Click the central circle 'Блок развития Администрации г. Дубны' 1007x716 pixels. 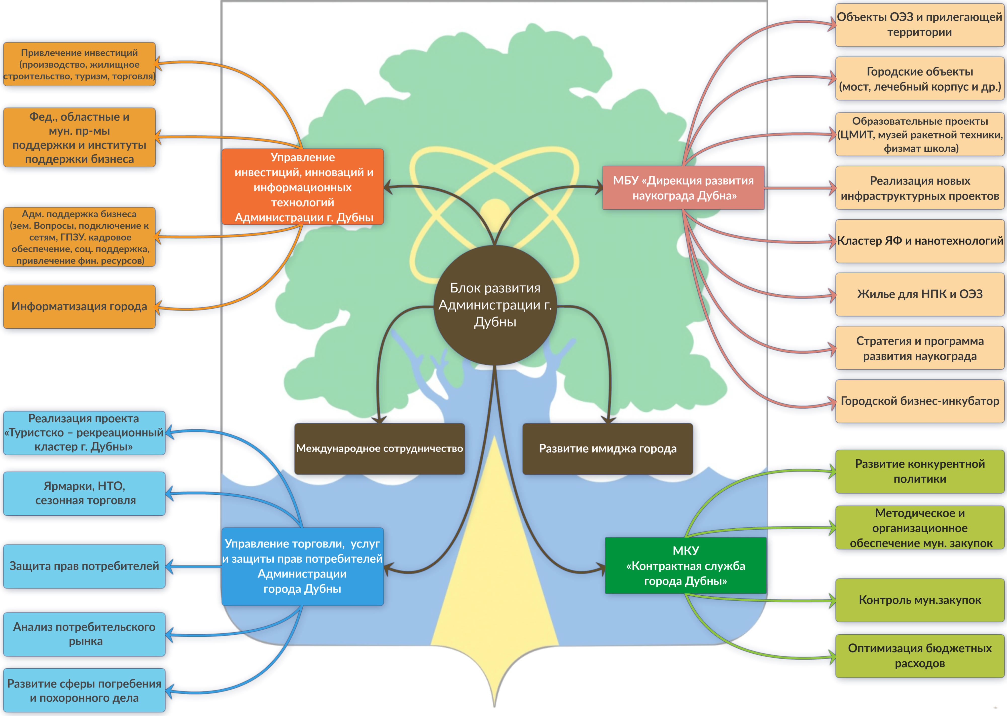pyautogui.click(x=495, y=305)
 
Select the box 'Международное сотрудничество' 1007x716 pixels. pyautogui.click(x=379, y=448)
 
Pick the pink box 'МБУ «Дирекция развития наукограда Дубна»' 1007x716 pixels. pyautogui.click(x=683, y=188)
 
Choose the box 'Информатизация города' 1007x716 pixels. pyautogui.click(x=79, y=306)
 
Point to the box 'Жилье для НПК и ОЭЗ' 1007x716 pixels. pyautogui.click(x=920, y=294)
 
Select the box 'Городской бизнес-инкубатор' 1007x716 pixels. pyautogui.click(x=920, y=401)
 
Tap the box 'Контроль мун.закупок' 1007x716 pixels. pyautogui.click(x=920, y=600)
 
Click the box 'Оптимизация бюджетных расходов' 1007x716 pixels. pyautogui.click(x=920, y=656)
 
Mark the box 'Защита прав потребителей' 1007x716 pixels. pyautogui.click(x=84, y=566)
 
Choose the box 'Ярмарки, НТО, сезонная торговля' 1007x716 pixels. pyautogui.click(x=84, y=493)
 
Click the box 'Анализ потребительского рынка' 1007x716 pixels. pyautogui.click(x=84, y=634)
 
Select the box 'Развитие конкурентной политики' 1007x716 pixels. pyautogui.click(x=920, y=471)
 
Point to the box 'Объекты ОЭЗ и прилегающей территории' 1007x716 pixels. pyautogui.click(x=920, y=25)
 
